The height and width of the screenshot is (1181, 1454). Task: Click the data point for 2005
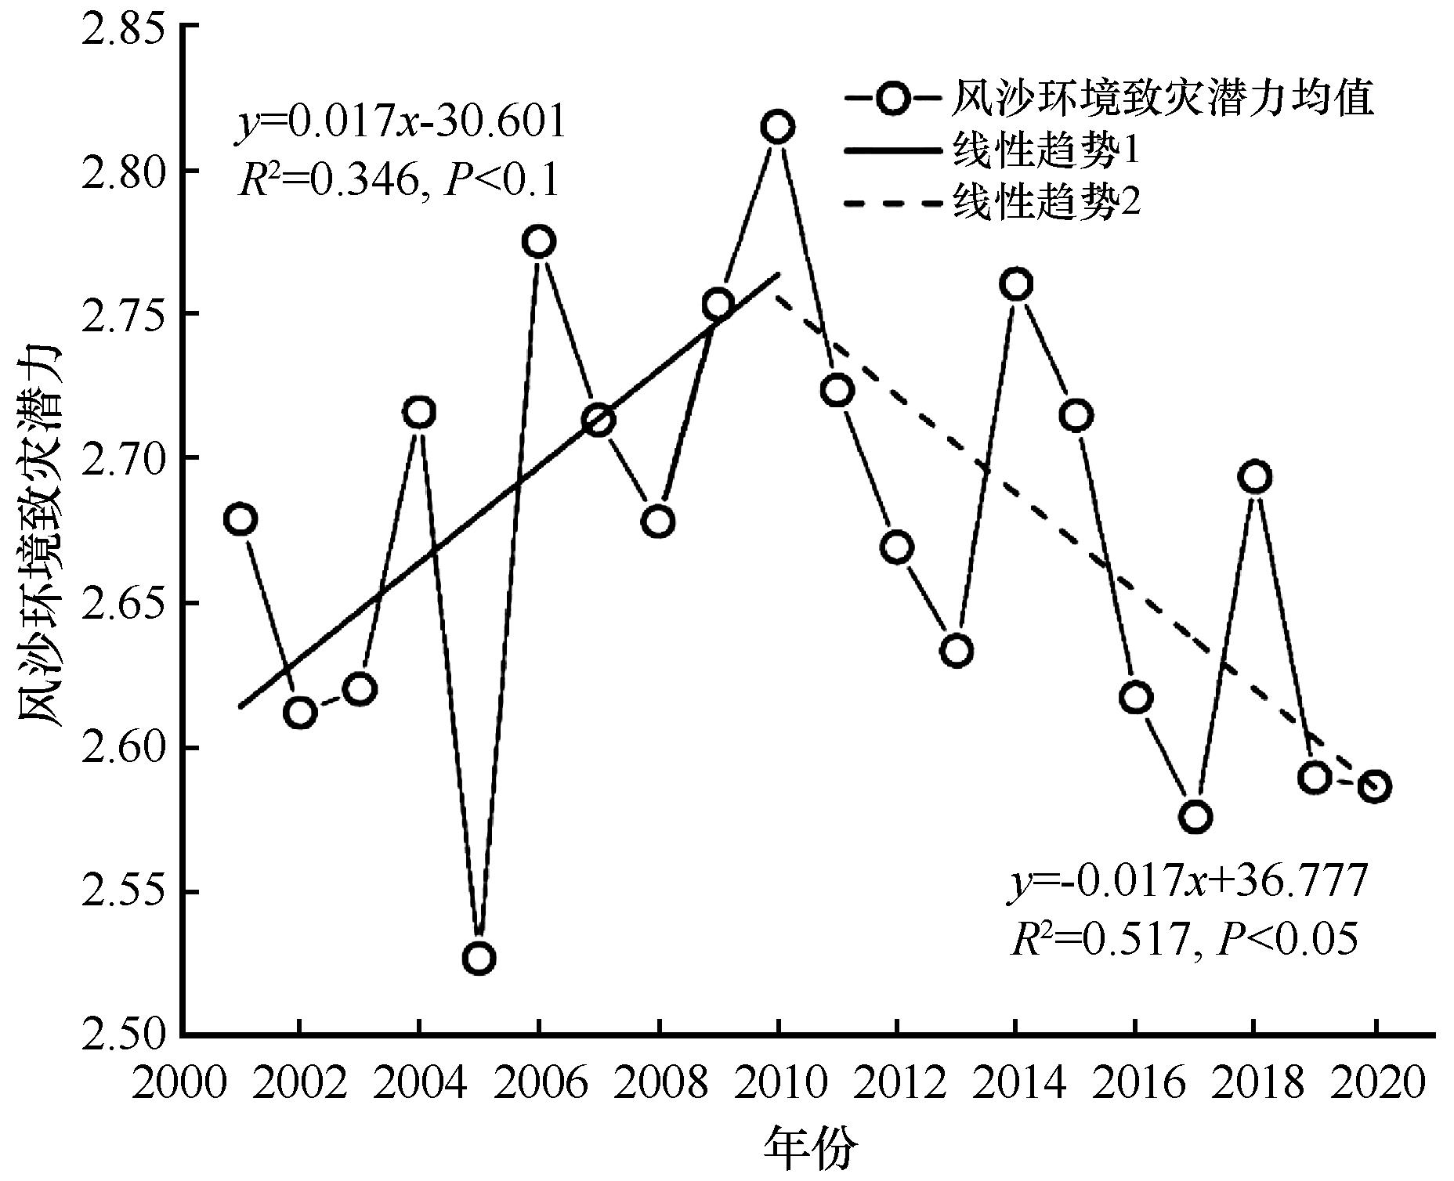[x=479, y=958]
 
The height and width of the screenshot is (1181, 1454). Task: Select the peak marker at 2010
[x=778, y=126]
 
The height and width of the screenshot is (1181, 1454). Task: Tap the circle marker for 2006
[x=539, y=241]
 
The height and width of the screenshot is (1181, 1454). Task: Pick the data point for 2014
[x=1017, y=284]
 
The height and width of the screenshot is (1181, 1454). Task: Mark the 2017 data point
[x=1195, y=817]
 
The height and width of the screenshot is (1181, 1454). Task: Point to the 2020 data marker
[x=1375, y=786]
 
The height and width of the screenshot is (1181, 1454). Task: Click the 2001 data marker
[x=241, y=519]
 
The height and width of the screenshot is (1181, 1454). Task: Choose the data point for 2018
[x=1255, y=477]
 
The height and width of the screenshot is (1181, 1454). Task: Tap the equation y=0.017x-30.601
[x=400, y=123]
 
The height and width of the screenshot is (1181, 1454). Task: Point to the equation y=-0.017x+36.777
[x=1187, y=882]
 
